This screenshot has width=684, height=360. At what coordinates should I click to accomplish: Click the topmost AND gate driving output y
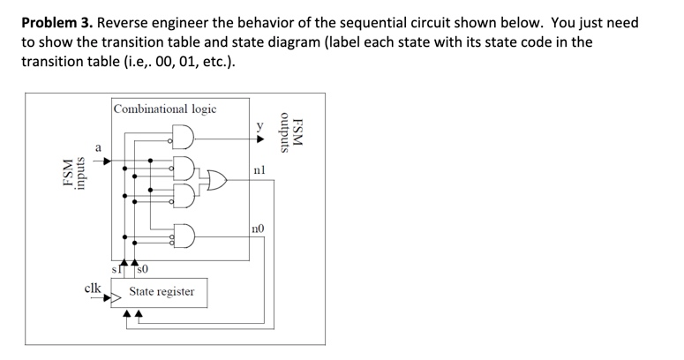(183, 138)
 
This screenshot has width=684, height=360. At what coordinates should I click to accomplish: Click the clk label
(92, 288)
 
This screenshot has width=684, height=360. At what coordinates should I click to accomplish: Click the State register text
(162, 291)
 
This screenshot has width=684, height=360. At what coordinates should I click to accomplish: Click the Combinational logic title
(164, 109)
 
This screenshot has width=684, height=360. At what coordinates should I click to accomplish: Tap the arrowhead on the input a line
(107, 161)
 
